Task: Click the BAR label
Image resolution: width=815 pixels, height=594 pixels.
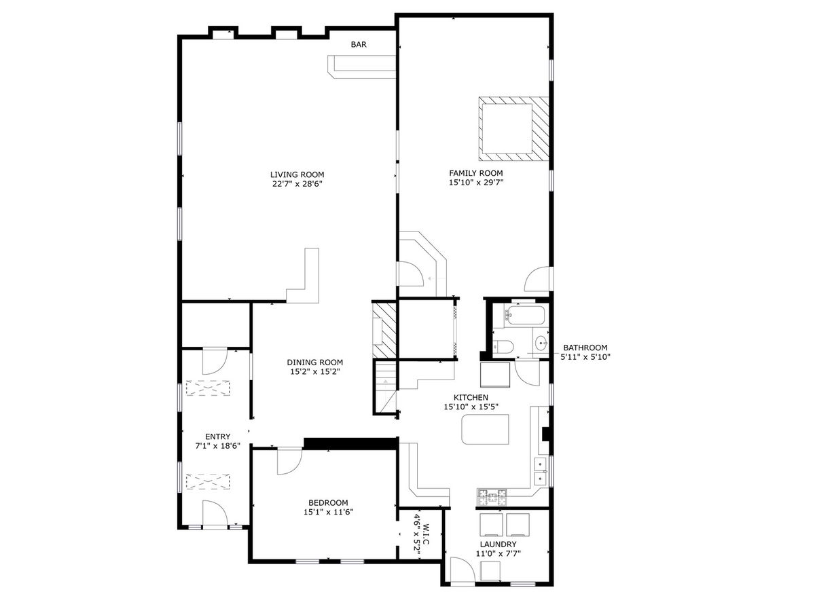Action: (x=359, y=44)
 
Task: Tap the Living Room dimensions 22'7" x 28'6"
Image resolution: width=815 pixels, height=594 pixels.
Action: (x=297, y=184)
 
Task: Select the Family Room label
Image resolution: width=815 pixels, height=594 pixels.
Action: (x=476, y=173)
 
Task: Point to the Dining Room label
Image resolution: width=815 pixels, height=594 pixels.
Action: (x=314, y=363)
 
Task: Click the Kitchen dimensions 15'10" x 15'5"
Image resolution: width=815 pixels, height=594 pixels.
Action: (x=471, y=407)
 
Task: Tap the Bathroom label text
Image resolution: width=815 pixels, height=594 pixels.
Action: (x=585, y=348)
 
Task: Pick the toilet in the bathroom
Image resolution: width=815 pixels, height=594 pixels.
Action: (x=503, y=347)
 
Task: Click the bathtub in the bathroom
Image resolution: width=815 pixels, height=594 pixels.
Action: (x=526, y=316)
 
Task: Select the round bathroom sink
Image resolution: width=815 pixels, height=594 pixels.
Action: (x=542, y=342)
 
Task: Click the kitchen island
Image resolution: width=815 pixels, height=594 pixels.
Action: (x=485, y=429)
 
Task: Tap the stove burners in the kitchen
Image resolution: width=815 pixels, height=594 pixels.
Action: (x=492, y=497)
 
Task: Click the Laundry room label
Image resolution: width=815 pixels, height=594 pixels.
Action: (x=498, y=544)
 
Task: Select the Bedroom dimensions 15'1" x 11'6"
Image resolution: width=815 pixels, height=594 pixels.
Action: (x=329, y=512)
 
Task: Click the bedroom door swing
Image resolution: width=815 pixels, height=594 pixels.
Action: (x=289, y=462)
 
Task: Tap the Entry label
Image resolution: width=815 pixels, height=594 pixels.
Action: (x=217, y=437)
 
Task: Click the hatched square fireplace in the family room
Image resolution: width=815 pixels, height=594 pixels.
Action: (x=513, y=129)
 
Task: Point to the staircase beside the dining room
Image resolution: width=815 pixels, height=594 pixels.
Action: (x=385, y=387)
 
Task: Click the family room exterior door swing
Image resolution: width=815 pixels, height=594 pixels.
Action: (x=538, y=279)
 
